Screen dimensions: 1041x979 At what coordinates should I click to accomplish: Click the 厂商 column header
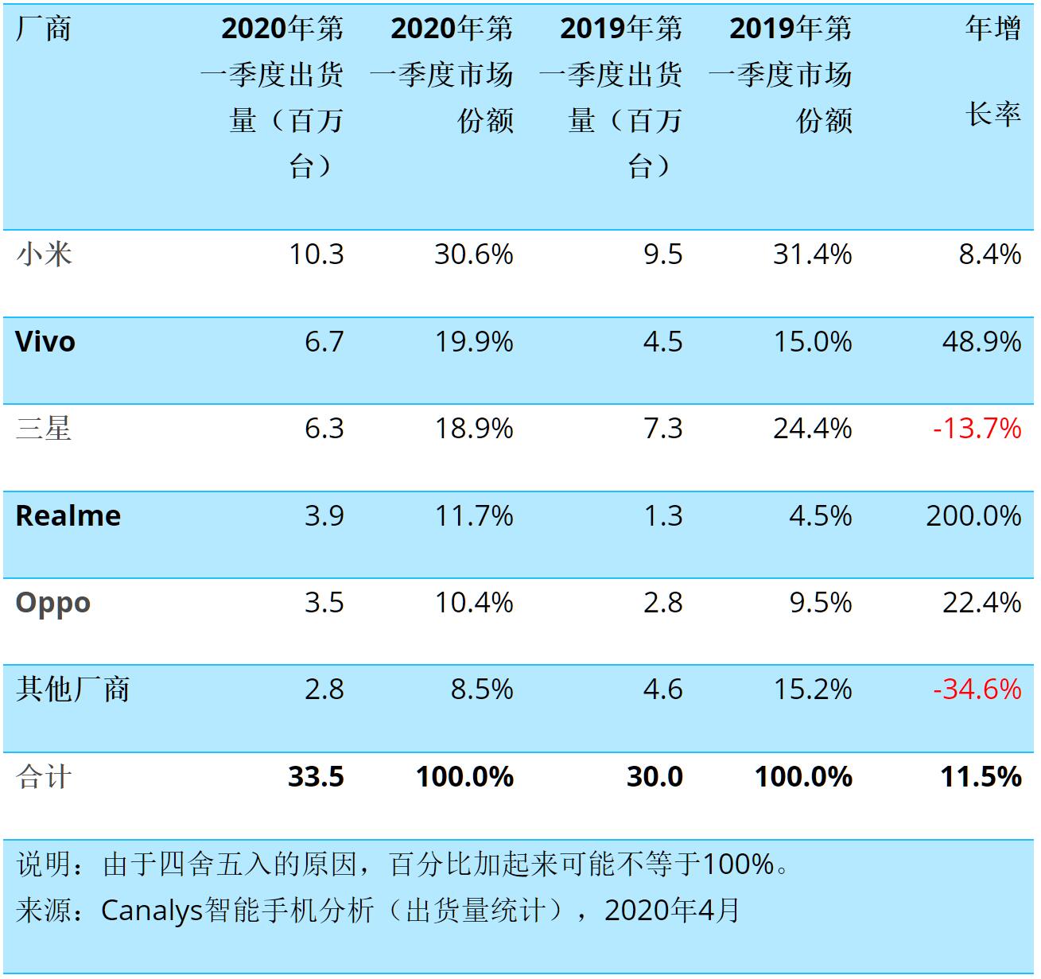click(x=43, y=29)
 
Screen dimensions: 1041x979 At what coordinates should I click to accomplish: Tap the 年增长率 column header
click(x=992, y=71)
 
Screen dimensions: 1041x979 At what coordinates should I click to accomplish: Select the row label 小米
click(x=44, y=254)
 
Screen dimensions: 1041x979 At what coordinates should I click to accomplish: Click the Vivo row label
click(x=45, y=342)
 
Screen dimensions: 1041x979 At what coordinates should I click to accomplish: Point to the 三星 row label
click(x=44, y=429)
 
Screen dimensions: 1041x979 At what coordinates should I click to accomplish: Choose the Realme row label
click(x=68, y=515)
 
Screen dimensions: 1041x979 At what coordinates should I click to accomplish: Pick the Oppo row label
click(x=53, y=603)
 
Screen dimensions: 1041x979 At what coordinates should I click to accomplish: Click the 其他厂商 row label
click(x=72, y=689)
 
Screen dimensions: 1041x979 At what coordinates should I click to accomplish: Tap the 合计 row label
click(x=44, y=776)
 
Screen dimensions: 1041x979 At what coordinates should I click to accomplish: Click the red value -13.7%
click(x=977, y=429)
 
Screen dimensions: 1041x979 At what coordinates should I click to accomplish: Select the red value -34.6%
click(x=977, y=689)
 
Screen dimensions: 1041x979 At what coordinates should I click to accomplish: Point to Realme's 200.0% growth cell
click(x=973, y=515)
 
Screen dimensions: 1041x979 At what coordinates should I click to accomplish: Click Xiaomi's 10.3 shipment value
click(x=316, y=254)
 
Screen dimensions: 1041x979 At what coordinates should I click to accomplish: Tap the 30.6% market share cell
click(x=474, y=254)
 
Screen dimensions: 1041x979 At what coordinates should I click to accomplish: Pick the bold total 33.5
click(x=316, y=776)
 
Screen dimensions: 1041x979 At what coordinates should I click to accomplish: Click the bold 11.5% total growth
click(x=981, y=776)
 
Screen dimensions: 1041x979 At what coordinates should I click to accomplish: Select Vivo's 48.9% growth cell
click(x=982, y=342)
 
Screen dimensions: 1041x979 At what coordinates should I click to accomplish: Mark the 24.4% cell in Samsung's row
click(x=813, y=429)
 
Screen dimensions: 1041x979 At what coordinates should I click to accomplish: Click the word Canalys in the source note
click(x=152, y=911)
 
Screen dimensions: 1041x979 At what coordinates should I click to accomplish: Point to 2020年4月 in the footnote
click(x=671, y=910)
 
